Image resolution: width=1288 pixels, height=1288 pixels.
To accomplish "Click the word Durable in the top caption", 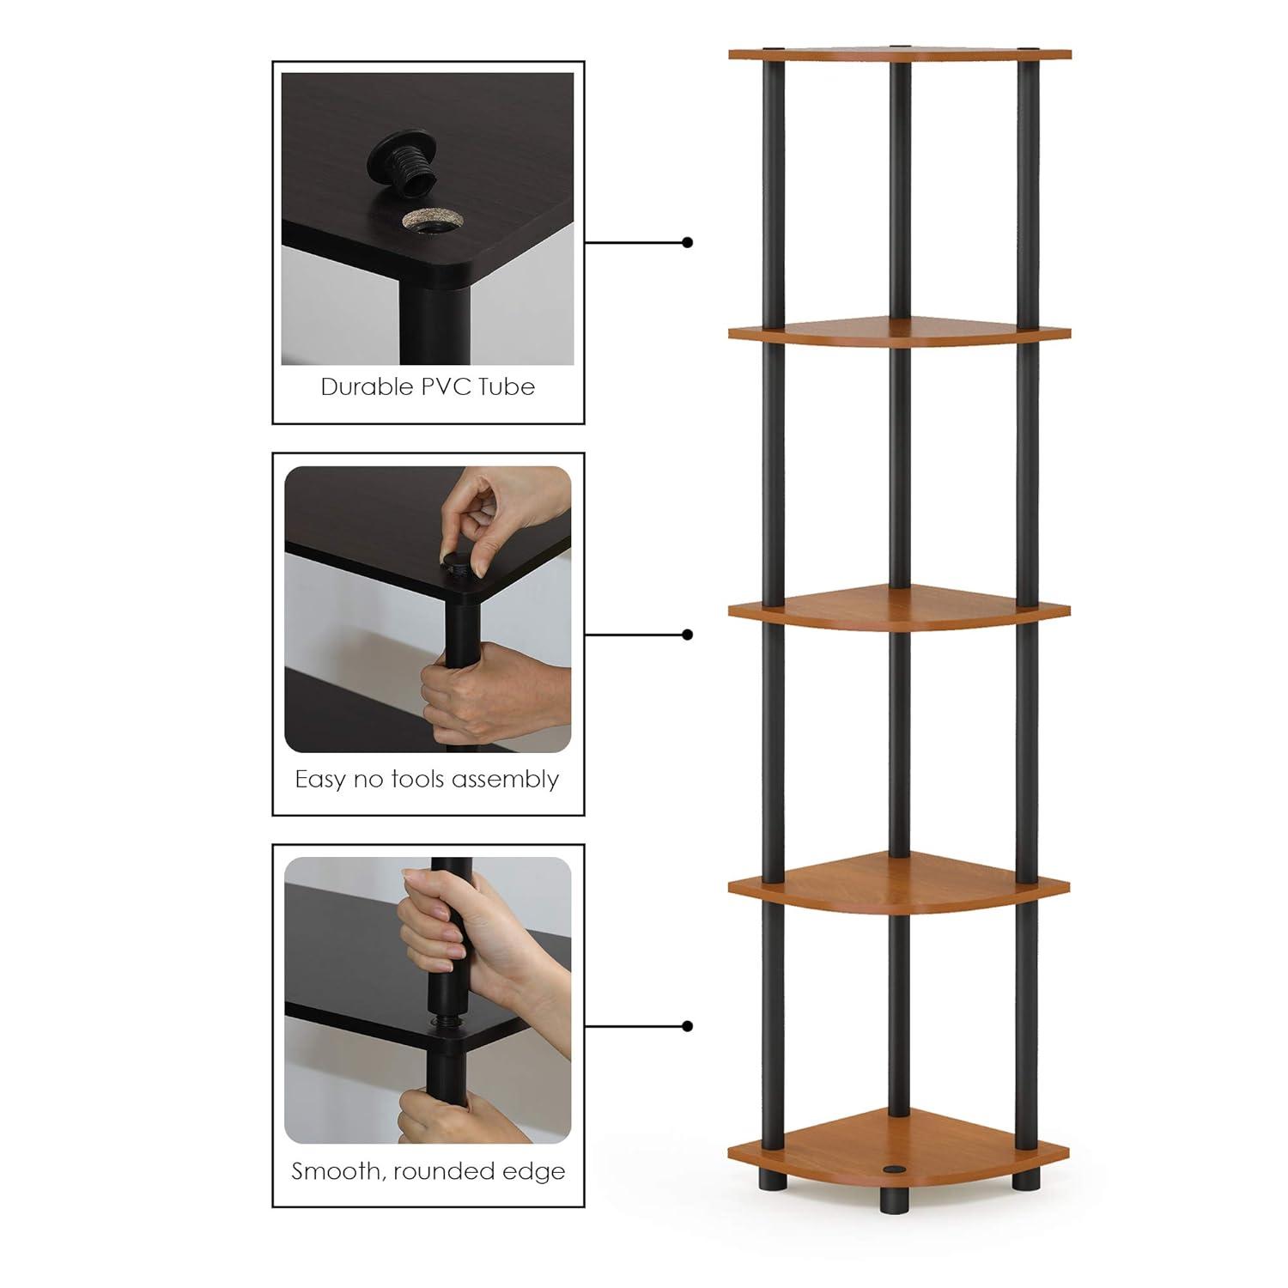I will (x=367, y=387).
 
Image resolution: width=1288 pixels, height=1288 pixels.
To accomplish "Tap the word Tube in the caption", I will (x=507, y=387).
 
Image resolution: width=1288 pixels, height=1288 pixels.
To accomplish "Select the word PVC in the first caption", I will (x=446, y=387).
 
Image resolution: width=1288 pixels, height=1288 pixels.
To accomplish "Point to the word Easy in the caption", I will (x=320, y=780).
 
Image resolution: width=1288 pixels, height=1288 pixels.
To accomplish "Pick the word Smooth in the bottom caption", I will (x=335, y=1171).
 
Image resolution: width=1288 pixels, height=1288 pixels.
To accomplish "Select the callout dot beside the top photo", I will (x=687, y=243).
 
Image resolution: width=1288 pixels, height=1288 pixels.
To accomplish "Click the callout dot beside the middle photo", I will (x=687, y=635).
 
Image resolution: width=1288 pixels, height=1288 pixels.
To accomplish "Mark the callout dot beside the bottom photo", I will (x=687, y=1026).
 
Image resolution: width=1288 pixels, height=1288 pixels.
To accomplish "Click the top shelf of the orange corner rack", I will (x=900, y=53).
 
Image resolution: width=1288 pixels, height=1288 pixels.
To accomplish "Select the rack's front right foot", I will (x=1025, y=1176).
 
